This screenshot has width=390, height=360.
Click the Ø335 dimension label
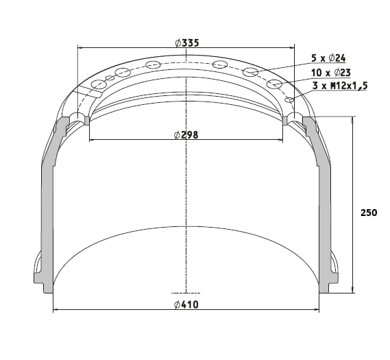click(x=187, y=43)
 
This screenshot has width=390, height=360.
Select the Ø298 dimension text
click(x=186, y=135)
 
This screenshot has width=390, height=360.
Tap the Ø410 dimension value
click(x=186, y=304)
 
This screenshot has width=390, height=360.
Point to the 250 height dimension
click(x=369, y=213)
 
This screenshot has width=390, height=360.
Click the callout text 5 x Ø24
click(x=328, y=58)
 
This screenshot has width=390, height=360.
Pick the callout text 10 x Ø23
click(x=331, y=73)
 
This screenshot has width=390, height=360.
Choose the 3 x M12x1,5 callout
click(x=340, y=86)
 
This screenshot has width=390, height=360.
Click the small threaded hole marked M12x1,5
click(x=289, y=100)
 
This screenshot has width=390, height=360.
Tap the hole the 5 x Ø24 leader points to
click(x=250, y=71)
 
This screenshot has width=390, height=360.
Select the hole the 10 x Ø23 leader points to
click(x=275, y=84)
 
